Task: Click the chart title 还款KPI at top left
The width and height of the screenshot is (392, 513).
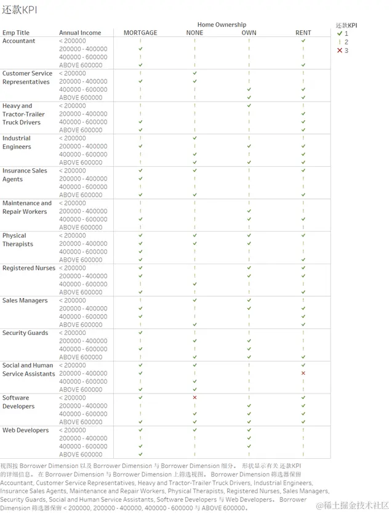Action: (x=20, y=10)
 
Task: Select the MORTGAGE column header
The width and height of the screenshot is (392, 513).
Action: (x=140, y=33)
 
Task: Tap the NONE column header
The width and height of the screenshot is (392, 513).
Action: (x=194, y=33)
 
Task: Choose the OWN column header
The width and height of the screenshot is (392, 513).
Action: (x=249, y=33)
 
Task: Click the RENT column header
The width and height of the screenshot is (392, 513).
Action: (x=303, y=33)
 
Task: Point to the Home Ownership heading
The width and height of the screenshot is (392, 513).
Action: (x=222, y=25)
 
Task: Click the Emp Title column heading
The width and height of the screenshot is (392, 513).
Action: (x=16, y=33)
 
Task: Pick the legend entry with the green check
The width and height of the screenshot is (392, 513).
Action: (x=343, y=34)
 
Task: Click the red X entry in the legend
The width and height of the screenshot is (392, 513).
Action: (x=343, y=50)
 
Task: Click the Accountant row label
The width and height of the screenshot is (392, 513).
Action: (x=19, y=41)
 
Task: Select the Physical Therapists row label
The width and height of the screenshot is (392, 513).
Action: (x=18, y=240)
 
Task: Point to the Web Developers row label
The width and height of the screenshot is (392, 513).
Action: (x=25, y=430)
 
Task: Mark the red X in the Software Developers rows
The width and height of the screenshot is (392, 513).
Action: (x=194, y=398)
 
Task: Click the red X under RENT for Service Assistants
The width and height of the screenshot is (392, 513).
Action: (x=303, y=373)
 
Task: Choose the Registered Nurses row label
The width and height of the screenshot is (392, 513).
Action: (x=28, y=268)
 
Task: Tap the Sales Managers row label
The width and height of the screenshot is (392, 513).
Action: (x=25, y=301)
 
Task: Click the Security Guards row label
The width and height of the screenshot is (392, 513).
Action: (x=25, y=333)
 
